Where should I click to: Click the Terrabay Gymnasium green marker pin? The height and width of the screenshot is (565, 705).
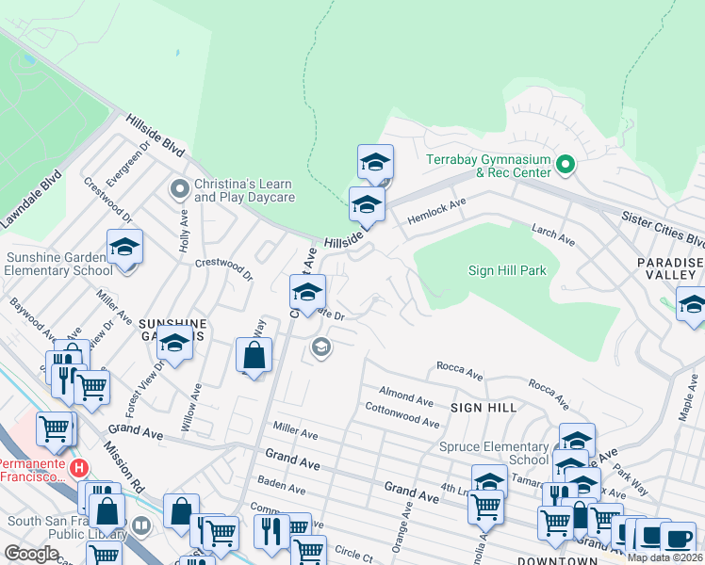tap(566, 166)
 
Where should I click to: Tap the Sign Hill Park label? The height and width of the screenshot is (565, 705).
tap(507, 271)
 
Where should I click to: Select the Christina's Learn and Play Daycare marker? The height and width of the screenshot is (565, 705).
tap(179, 190)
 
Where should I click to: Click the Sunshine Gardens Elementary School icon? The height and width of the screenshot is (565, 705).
tap(124, 249)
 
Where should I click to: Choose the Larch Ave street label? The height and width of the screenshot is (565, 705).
tap(552, 234)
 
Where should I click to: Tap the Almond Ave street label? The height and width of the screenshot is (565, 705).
tap(405, 390)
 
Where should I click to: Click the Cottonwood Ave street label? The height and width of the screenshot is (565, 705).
tap(402, 415)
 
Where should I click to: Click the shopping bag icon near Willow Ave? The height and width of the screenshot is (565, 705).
tap(254, 356)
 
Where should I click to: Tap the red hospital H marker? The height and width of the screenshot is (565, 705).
tap(80, 467)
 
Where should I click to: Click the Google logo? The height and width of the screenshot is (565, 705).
tap(31, 554)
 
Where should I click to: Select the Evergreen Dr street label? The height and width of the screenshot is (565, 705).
tap(142, 160)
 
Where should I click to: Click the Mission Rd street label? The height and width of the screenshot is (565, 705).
tap(124, 467)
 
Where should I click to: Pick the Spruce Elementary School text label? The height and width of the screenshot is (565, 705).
tap(494, 453)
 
